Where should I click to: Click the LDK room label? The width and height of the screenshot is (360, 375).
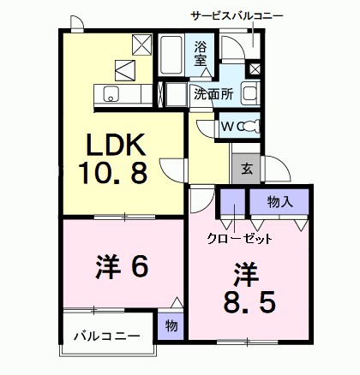(121, 143)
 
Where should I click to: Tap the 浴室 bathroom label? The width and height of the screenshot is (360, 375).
(201, 53)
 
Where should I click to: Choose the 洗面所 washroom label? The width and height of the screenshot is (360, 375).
(213, 94)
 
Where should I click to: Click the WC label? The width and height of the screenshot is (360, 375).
(222, 127)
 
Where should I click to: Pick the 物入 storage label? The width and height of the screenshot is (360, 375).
(279, 202)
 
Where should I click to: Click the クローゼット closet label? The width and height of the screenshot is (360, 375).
(239, 237)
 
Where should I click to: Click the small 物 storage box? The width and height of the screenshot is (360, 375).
(170, 325)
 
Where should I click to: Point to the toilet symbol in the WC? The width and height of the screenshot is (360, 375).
(248, 126)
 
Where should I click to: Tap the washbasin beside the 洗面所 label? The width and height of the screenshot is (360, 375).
(249, 93)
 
